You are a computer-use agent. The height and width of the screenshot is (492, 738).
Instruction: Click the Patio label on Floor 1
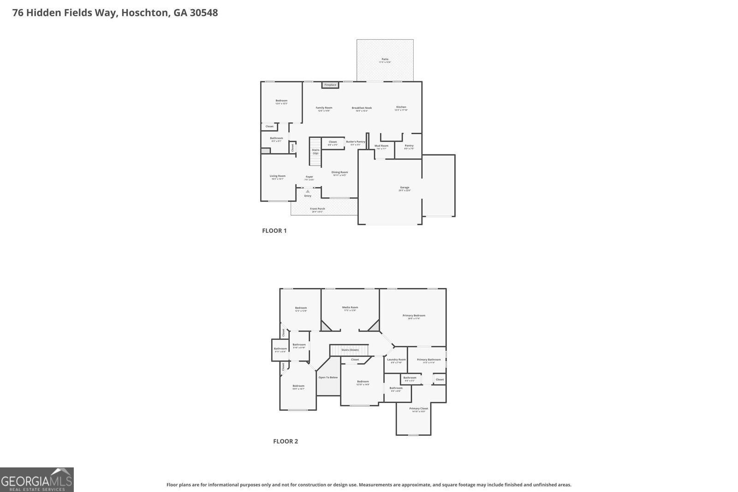[x=385, y=59]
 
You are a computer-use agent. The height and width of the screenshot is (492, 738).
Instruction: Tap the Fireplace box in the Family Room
[x=330, y=85]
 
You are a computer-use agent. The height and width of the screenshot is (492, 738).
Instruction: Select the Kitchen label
[x=401, y=107]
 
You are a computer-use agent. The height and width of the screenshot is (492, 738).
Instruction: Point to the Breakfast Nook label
[x=362, y=108]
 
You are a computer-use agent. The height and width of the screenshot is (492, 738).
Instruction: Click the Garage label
[x=405, y=188]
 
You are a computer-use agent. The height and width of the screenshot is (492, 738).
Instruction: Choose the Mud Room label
[x=381, y=146]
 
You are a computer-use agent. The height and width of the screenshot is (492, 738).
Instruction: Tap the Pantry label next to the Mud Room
[x=409, y=146]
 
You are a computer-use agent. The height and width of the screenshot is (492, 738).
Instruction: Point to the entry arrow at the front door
[x=308, y=191]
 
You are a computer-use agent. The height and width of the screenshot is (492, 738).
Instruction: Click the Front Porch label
[x=318, y=209]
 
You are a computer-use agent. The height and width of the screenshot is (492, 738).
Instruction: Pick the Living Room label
[x=278, y=176]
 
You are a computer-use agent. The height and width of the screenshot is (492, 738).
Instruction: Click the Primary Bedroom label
[x=414, y=316]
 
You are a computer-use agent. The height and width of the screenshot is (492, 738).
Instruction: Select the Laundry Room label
[x=396, y=360]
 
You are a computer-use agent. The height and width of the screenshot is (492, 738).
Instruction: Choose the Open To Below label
[x=328, y=378]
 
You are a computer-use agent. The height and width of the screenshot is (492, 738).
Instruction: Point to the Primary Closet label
[x=418, y=409]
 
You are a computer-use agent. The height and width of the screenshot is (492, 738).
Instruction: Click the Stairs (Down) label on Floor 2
[x=350, y=350]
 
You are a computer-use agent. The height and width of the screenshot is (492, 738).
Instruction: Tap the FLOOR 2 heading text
[x=286, y=441]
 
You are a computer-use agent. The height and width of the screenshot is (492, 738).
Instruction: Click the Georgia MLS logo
[x=37, y=480]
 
